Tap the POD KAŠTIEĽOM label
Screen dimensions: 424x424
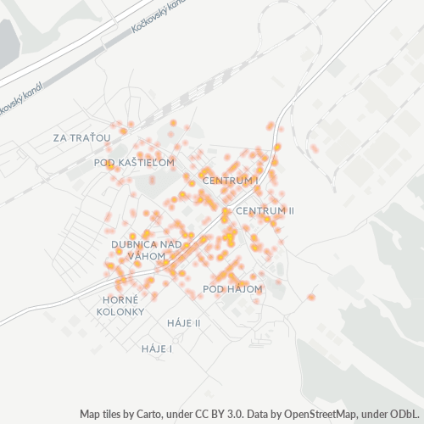pyautogui.click(x=134, y=162)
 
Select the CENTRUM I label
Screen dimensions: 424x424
pyautogui.click(x=231, y=181)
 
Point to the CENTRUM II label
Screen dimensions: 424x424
pyautogui.click(x=265, y=210)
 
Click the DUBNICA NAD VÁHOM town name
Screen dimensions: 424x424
pyautogui.click(x=147, y=249)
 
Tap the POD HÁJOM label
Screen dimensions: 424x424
pyautogui.click(x=233, y=289)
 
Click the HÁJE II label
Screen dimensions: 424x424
pyautogui.click(x=183, y=323)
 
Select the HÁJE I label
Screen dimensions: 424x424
pyautogui.click(x=158, y=349)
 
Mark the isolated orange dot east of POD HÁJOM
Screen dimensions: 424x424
pyautogui.click(x=311, y=297)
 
